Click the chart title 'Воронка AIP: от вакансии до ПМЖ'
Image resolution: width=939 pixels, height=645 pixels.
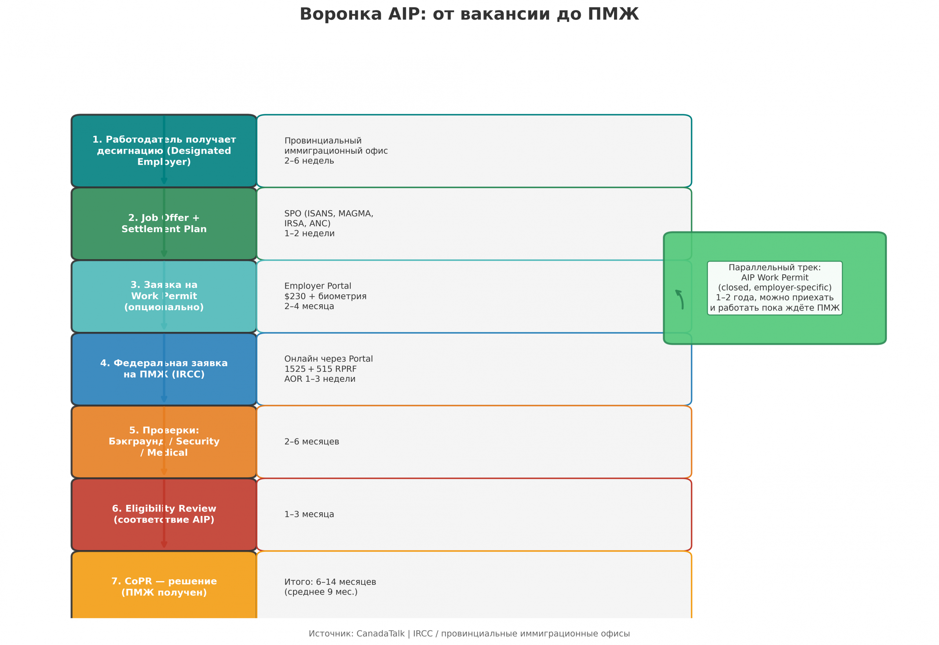(469, 14)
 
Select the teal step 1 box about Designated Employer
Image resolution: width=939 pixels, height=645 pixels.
(164, 151)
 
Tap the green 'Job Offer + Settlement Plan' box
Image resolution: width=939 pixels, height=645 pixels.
(164, 223)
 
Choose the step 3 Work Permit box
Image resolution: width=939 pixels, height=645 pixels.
(164, 296)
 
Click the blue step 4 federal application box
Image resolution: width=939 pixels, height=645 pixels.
(164, 369)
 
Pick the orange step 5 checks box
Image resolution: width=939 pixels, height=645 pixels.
(164, 442)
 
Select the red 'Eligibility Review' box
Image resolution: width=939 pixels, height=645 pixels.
(164, 514)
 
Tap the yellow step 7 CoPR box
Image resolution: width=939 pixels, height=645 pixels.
(164, 586)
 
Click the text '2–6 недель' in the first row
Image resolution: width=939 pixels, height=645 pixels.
(309, 161)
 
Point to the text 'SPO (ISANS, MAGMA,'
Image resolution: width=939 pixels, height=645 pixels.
(329, 213)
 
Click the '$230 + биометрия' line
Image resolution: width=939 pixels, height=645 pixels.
(325, 296)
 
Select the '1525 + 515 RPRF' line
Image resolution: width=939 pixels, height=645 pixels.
(321, 369)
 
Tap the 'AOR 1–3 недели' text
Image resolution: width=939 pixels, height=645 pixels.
(320, 379)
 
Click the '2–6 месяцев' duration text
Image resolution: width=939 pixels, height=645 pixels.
(312, 442)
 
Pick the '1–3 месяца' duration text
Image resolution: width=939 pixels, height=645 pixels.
(309, 514)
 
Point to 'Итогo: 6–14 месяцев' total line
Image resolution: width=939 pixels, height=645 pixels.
(330, 582)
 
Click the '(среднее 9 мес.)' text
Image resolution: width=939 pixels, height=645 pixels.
(321, 592)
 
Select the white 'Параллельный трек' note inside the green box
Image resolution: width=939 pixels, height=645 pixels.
(775, 288)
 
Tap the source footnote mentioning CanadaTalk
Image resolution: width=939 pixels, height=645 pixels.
(469, 634)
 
